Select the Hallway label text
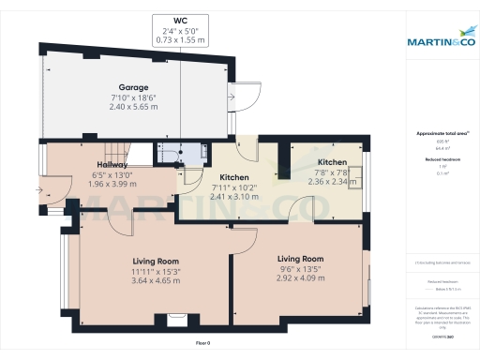(x=112, y=165)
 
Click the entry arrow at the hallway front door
(x=38, y=190)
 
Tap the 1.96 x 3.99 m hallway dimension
(x=112, y=185)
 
